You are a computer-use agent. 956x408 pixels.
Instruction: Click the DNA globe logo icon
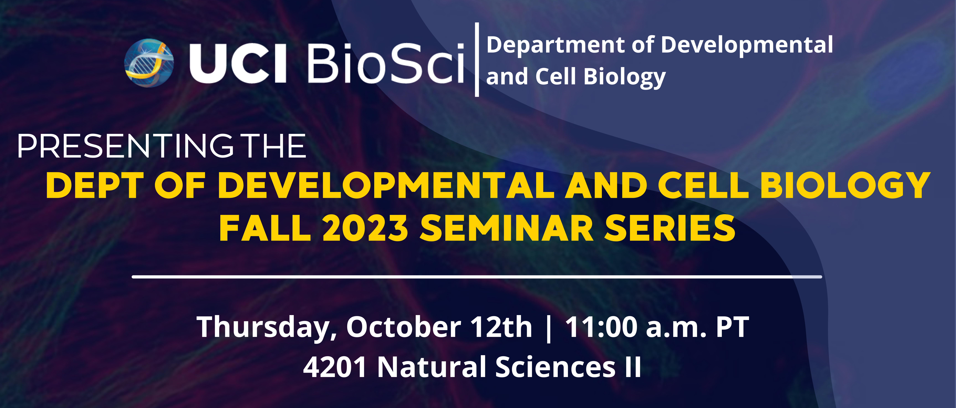tap(149, 63)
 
